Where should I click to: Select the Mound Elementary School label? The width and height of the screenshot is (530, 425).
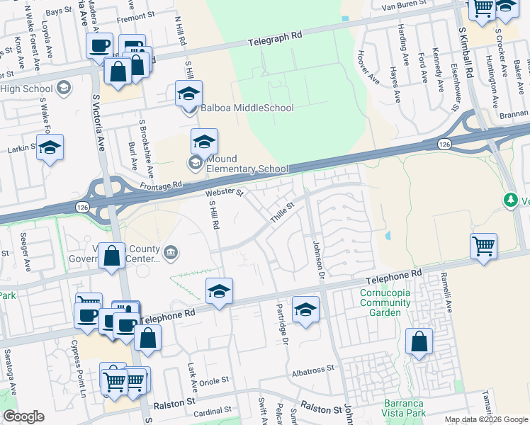[x=247, y=164]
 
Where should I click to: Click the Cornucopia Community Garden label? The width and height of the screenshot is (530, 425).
[x=385, y=302]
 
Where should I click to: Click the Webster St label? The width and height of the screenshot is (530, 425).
[x=225, y=192]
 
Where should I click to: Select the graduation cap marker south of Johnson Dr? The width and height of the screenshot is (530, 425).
[x=305, y=309]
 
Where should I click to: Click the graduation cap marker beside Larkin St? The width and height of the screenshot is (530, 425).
[x=50, y=147]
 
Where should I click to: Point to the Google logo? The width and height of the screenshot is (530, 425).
[x=23, y=416]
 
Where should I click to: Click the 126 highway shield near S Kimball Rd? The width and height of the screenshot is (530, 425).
[x=444, y=144]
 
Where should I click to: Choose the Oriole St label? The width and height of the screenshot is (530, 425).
[x=215, y=380]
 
